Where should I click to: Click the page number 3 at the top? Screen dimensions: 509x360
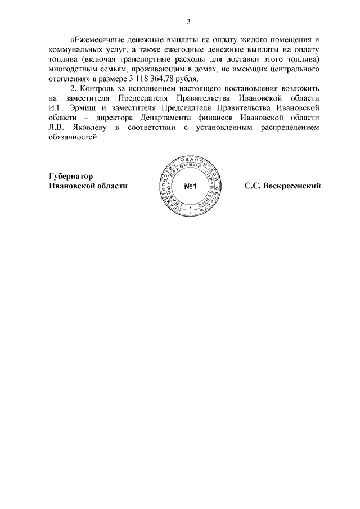[x=189, y=22]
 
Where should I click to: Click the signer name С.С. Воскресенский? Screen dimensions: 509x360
[x=282, y=185]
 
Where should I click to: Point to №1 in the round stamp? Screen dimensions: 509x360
[x=188, y=186]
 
